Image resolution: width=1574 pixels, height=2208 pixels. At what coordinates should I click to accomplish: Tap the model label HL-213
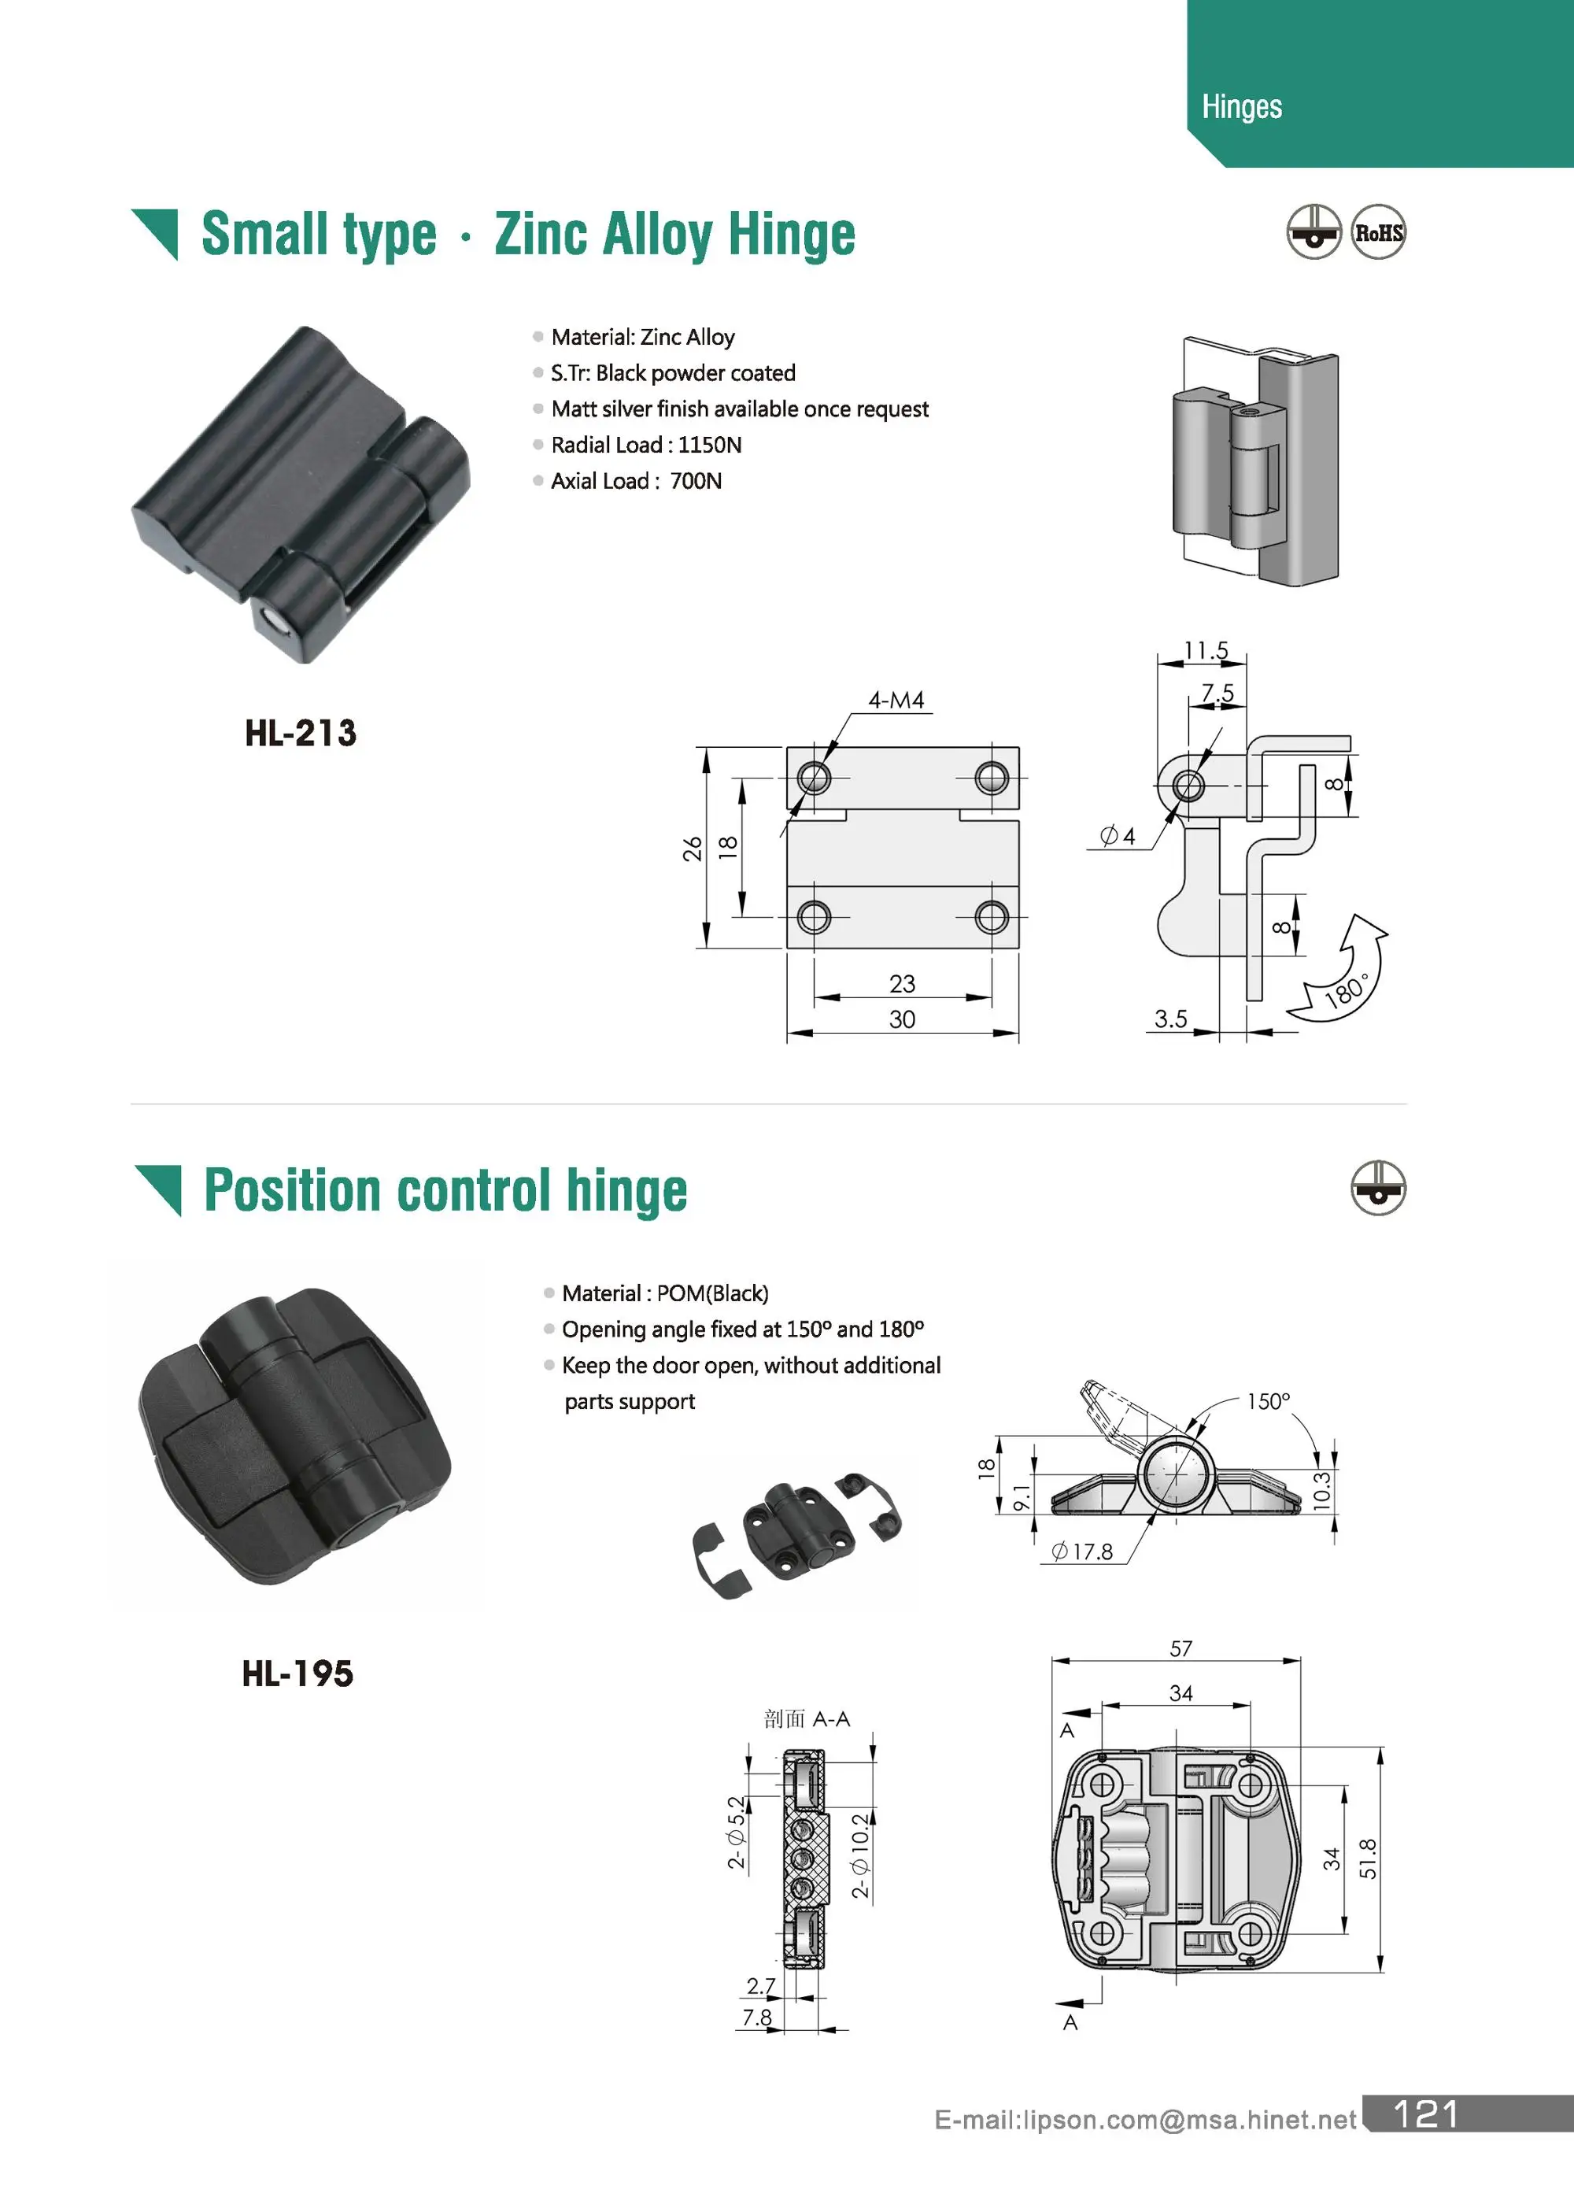(x=301, y=733)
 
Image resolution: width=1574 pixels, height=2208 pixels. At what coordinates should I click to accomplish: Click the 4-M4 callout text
(x=896, y=700)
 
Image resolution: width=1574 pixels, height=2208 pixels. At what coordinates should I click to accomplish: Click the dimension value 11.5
(x=1206, y=650)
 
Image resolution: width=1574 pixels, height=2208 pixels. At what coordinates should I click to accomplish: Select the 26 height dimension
(x=692, y=849)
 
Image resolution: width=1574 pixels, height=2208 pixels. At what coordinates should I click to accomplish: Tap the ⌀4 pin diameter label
(x=1118, y=835)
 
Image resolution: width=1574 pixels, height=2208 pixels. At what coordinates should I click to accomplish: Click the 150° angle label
(x=1268, y=1402)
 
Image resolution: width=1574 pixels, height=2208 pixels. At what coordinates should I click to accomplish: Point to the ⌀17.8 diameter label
(x=1083, y=1552)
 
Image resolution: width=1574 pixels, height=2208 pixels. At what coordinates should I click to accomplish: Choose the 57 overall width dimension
(x=1180, y=1649)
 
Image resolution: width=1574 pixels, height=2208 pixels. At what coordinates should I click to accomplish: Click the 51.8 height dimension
(x=1368, y=1858)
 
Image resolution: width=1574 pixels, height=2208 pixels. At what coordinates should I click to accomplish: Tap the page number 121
(x=1426, y=2114)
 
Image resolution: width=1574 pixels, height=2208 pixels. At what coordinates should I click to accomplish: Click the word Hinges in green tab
(x=1242, y=106)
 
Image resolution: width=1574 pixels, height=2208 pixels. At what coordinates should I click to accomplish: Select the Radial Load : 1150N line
(x=645, y=445)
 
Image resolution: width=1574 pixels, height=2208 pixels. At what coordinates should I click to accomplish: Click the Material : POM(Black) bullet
(x=665, y=1293)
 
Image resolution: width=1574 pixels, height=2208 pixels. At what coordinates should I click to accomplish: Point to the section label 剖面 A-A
(x=807, y=1718)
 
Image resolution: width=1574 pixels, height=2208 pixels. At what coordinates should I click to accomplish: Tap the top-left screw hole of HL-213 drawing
(x=813, y=778)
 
